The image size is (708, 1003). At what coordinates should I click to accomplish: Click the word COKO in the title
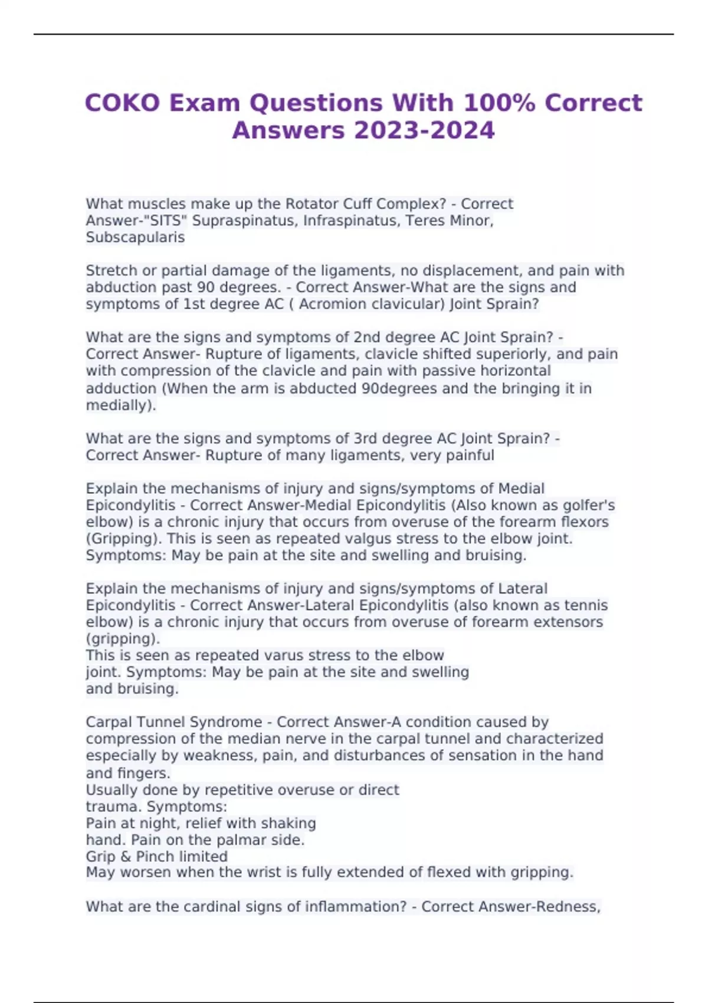point(122,103)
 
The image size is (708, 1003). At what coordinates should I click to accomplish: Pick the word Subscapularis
point(135,237)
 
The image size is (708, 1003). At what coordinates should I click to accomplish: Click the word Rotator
point(312,204)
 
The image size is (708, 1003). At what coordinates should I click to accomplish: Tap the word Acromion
point(333,304)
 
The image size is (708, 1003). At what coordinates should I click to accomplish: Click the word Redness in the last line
point(567,907)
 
